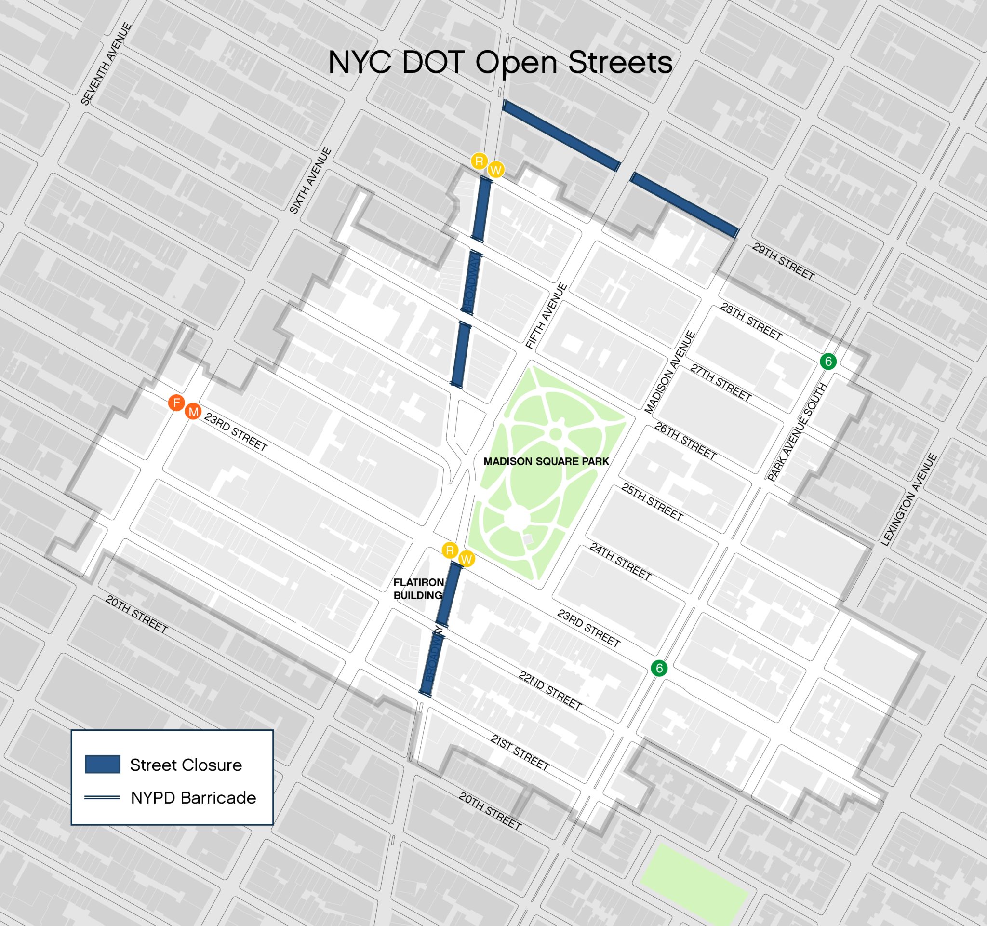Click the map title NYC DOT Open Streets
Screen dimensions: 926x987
[x=500, y=63]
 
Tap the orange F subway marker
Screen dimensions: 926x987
[x=176, y=403]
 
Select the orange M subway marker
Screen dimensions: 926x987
[x=193, y=412]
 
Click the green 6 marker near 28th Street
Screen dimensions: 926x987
[x=828, y=362]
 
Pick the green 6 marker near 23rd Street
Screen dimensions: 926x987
[x=659, y=668]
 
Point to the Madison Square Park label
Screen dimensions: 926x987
[x=546, y=461]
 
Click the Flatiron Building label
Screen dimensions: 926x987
[x=418, y=589]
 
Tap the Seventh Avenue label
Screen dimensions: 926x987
[x=107, y=64]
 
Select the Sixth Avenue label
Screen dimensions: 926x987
[x=310, y=181]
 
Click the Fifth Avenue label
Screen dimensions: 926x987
[x=546, y=316]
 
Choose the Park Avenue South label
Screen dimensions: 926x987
[x=796, y=432]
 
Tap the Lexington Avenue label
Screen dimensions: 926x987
[x=908, y=500]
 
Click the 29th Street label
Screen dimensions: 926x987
[x=783, y=262]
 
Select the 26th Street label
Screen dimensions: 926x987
[x=685, y=442]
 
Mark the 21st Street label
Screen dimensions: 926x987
[x=520, y=753]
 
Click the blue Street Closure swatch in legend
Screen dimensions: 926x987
[x=102, y=765]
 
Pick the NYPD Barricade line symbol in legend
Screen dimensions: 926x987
[x=102, y=798]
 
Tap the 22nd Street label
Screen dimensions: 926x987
[x=549, y=691]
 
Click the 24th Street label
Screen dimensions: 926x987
[x=620, y=562]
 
